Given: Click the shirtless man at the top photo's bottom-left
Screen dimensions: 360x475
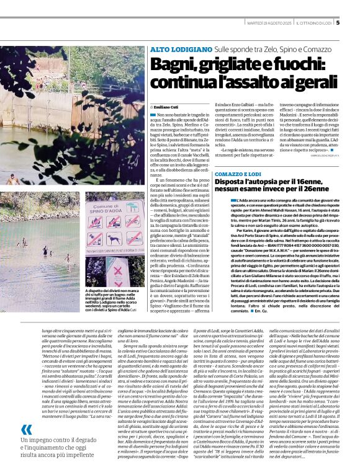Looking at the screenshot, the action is click(x=11, y=180).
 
